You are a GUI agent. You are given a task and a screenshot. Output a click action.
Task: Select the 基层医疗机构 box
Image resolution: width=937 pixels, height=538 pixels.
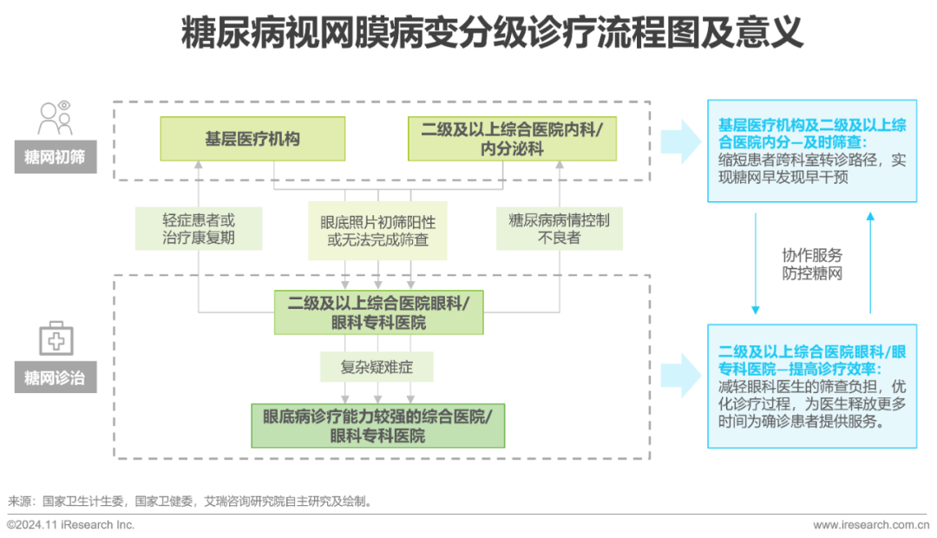(x=252, y=139)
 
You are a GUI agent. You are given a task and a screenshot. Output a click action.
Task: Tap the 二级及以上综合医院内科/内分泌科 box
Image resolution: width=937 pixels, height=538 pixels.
(x=513, y=139)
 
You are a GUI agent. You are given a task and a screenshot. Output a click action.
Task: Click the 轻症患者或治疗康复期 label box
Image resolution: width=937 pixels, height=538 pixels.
(x=199, y=228)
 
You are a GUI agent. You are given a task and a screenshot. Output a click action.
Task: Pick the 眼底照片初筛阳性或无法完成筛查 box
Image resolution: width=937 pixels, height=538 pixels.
(x=378, y=230)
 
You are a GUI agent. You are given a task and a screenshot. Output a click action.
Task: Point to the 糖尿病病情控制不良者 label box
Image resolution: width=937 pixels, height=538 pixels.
(x=559, y=228)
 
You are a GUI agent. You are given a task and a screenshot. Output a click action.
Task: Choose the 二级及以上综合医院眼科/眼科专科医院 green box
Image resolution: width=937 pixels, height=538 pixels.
(x=378, y=312)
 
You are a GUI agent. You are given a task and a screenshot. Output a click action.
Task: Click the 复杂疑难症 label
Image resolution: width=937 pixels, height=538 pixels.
(x=377, y=367)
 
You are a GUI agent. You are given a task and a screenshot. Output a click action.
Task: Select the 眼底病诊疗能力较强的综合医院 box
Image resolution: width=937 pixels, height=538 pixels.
(x=378, y=425)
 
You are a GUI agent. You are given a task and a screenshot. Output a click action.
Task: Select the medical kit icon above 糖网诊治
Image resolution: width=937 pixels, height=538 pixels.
(x=56, y=338)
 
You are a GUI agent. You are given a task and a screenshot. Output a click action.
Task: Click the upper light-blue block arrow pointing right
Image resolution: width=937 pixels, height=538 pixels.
(x=681, y=140)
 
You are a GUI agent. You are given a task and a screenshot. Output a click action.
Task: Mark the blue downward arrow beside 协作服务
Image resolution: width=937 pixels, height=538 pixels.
(x=756, y=260)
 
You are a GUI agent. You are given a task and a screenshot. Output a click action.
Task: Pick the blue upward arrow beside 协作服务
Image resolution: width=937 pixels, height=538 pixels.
(x=870, y=260)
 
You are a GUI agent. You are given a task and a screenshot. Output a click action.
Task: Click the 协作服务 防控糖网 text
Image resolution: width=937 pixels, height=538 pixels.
(x=812, y=264)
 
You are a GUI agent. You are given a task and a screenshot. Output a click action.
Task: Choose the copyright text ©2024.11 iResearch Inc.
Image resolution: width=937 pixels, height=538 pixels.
(x=71, y=525)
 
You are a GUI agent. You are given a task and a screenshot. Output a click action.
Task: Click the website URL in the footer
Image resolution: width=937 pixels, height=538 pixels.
(x=869, y=525)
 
